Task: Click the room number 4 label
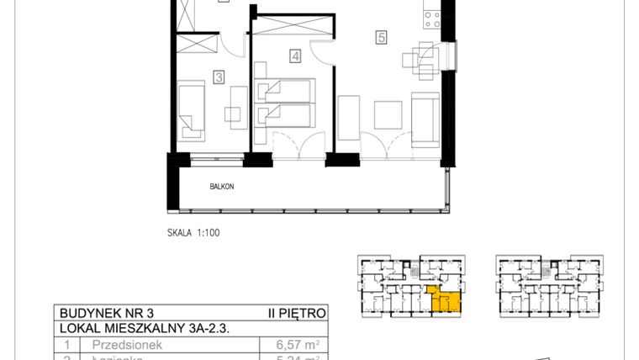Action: coord(295,56)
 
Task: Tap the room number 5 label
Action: coord(382,37)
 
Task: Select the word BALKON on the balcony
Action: coord(222,186)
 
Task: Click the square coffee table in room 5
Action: coord(388,114)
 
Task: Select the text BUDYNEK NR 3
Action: coord(98,313)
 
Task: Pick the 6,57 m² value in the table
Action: coord(296,344)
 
